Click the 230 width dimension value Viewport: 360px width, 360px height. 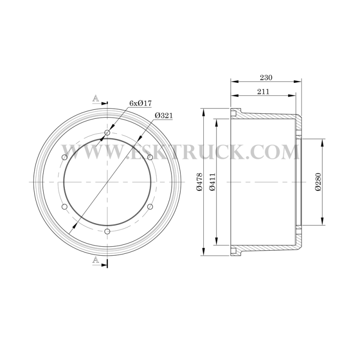click(x=266, y=77)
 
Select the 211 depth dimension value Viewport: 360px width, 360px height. click(x=263, y=92)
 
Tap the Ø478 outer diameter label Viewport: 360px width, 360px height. click(x=199, y=182)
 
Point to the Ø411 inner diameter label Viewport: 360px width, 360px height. click(x=212, y=182)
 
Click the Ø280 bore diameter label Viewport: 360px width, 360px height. click(x=318, y=182)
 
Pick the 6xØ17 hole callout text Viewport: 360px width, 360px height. click(x=140, y=103)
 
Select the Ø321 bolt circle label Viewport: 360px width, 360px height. click(x=163, y=116)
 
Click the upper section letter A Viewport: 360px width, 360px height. click(x=96, y=99)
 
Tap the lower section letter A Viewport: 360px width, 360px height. click(x=96, y=260)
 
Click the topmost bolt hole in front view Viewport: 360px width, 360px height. click(x=107, y=133)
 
